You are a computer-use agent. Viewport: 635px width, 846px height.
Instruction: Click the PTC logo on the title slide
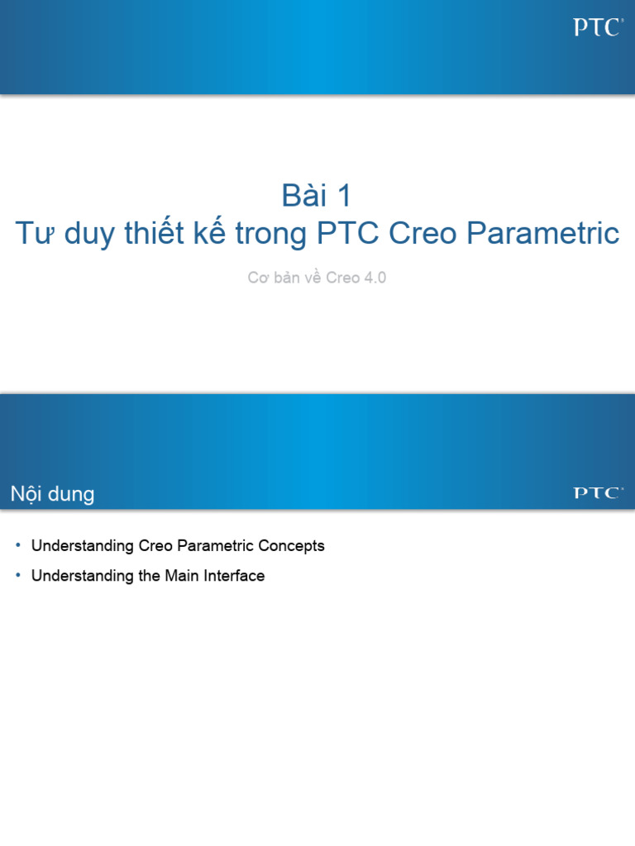coord(597,28)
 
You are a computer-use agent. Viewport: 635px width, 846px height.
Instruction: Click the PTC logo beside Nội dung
coord(597,493)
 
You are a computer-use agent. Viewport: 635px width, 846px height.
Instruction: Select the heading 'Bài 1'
coord(317,196)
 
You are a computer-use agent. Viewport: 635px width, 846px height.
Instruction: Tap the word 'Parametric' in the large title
coord(542,234)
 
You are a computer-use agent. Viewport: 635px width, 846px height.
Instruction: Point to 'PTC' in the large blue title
coord(347,234)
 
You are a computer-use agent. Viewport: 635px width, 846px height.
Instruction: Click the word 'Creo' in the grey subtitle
coord(342,278)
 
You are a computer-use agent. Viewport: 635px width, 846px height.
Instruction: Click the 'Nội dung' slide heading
coord(52,495)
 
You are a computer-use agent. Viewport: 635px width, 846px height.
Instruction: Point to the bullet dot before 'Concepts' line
coord(19,546)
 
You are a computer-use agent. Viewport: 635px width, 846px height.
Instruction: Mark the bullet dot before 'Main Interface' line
coord(19,576)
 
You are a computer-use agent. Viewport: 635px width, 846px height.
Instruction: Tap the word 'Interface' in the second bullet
coord(234,576)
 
